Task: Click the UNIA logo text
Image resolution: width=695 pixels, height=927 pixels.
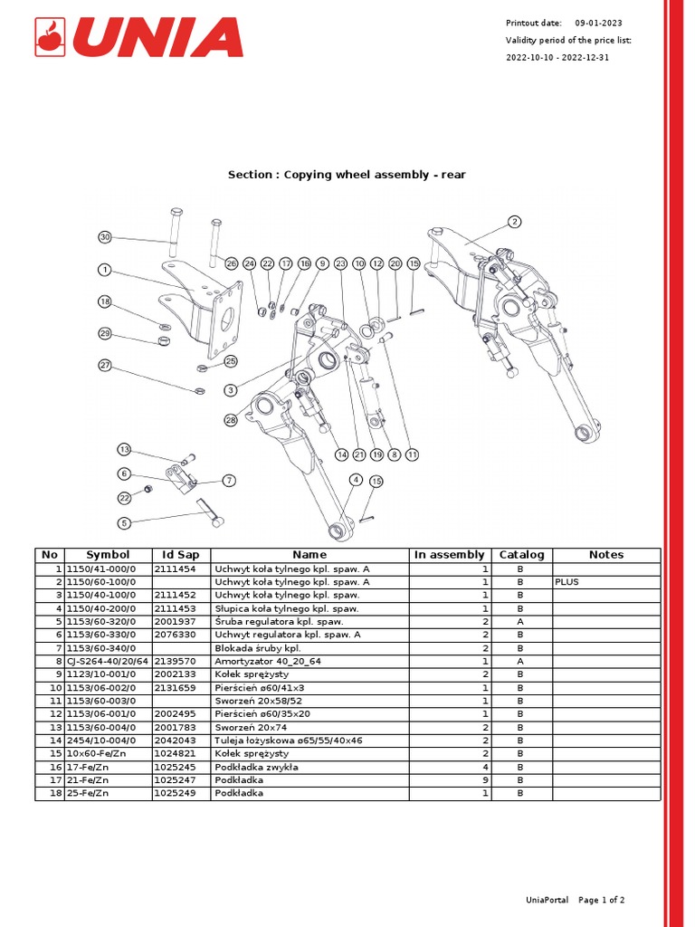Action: (x=157, y=37)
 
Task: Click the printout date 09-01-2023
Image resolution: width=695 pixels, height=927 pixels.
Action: (x=598, y=23)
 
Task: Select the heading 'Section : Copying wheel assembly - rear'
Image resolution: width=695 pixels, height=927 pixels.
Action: (x=347, y=174)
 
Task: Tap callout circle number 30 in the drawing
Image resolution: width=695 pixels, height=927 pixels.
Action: (x=105, y=237)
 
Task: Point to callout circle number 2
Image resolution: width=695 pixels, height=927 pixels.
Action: (x=514, y=222)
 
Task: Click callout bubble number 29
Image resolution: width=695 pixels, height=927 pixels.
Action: (x=105, y=334)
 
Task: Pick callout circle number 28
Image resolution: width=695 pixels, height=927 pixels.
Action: (x=231, y=420)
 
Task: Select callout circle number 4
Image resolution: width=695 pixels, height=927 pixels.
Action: (x=356, y=480)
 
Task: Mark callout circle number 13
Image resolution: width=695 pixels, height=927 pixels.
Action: (x=125, y=450)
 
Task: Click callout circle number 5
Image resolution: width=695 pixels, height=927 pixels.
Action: (x=125, y=522)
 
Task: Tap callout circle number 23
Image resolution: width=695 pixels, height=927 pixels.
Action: (x=340, y=263)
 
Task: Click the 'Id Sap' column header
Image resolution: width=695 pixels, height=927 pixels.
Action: (x=180, y=554)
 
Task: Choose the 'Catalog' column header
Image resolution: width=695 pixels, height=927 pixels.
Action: (x=522, y=554)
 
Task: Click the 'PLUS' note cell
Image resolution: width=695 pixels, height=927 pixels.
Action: (x=567, y=582)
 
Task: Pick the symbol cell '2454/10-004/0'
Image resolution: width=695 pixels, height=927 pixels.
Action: (x=100, y=741)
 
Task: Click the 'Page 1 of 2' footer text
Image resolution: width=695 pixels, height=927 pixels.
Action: (x=601, y=900)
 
